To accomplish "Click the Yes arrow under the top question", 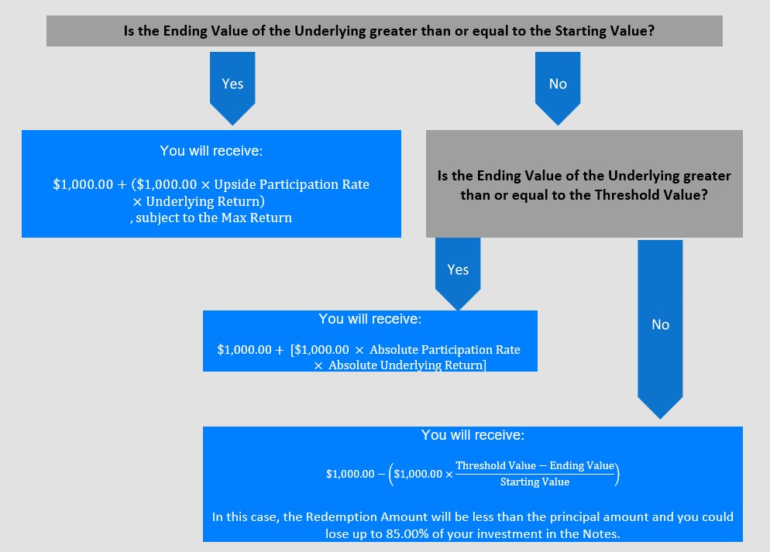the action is tap(232, 88).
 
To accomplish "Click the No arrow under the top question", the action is tap(558, 88).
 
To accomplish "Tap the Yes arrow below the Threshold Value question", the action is tap(458, 274).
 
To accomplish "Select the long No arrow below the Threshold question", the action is tap(660, 329).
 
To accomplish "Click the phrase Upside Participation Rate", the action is tap(292, 184).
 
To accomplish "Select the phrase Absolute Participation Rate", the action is tap(445, 349).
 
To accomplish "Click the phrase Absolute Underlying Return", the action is tap(406, 365).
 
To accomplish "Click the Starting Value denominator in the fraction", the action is tap(535, 482).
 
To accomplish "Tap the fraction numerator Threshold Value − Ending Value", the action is tap(535, 465).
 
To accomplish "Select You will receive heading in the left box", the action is tap(211, 151).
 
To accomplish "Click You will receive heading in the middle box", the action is tap(370, 319).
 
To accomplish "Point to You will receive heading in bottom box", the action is tap(473, 435).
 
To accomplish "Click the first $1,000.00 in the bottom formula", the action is tap(350, 474).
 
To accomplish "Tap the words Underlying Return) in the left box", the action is tap(205, 201).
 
